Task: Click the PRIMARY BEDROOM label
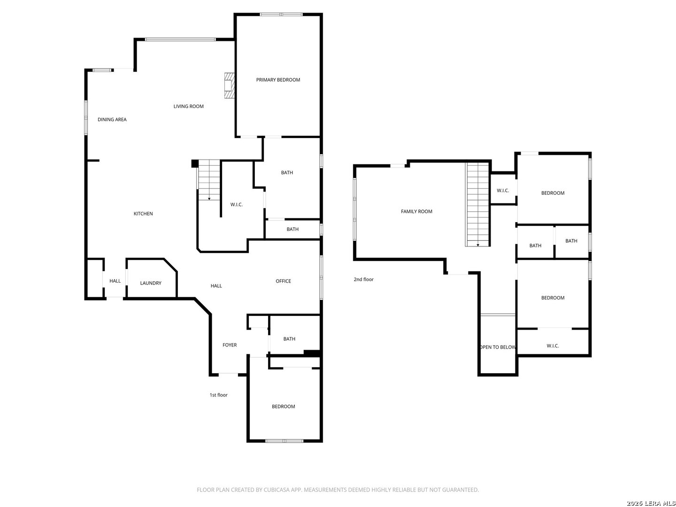(278, 80)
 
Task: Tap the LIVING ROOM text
(188, 106)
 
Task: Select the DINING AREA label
(112, 119)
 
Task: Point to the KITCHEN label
(143, 214)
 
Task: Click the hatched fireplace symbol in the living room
(229, 85)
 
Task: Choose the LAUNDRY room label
(151, 283)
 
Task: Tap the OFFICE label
(283, 281)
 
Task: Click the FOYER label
(230, 345)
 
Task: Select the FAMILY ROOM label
(416, 211)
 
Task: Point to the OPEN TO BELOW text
(497, 347)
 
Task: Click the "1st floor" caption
(218, 395)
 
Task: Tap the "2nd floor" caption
(363, 279)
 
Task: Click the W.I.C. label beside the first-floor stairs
(236, 204)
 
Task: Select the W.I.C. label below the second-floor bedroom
(553, 346)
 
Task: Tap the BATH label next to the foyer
(289, 339)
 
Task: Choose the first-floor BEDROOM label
(283, 407)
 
